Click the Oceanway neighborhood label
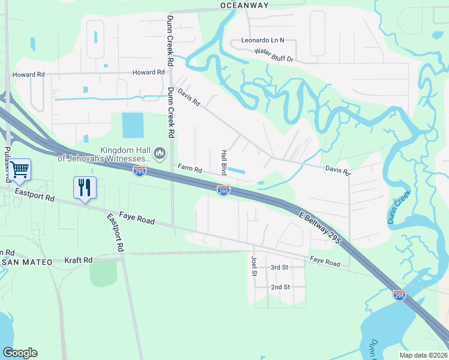[244, 5]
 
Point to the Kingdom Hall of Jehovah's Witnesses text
[105, 154]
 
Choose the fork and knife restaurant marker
[85, 187]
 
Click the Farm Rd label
[190, 169]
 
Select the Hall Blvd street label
[225, 162]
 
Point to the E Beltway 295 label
[319, 227]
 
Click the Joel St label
[254, 265]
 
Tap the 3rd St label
[280, 267]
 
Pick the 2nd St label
[280, 287]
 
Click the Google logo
[20, 353]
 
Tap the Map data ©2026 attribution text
[423, 355]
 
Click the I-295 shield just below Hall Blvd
[223, 190]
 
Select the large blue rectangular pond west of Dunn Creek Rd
[133, 125]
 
